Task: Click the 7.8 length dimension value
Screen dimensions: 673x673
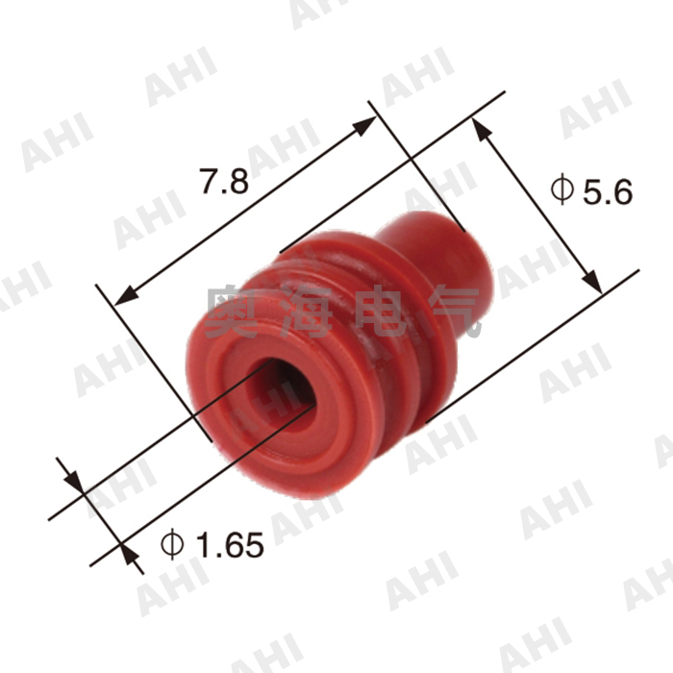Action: pos(224,182)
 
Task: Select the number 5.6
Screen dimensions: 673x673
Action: pos(608,192)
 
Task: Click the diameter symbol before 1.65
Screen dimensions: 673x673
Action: pos(173,546)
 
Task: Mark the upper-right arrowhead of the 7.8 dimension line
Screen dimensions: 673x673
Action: pos(368,122)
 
